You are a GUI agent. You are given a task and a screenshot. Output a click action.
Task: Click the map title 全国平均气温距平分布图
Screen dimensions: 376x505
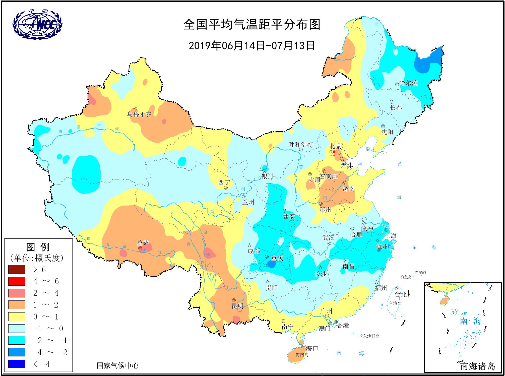point(252,25)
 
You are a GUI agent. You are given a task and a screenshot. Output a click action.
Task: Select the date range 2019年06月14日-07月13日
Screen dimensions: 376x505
point(252,46)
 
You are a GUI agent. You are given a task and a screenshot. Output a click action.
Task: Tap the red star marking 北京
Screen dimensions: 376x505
point(334,152)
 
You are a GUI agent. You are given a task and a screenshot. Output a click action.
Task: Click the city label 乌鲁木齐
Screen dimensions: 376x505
point(139,115)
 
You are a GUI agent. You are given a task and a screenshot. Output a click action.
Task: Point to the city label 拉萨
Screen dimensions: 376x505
point(143,243)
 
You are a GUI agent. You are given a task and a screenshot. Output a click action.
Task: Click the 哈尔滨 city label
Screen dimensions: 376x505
point(408,83)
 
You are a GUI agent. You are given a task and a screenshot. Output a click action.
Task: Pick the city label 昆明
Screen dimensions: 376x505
point(237,306)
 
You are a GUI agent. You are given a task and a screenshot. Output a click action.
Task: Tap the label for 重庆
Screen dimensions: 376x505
point(277,258)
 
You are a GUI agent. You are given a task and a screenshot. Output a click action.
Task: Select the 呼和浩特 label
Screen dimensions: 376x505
point(301,145)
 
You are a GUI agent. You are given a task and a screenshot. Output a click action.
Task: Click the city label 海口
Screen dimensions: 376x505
point(312,348)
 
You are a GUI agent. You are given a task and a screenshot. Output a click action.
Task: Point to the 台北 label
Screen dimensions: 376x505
point(401,294)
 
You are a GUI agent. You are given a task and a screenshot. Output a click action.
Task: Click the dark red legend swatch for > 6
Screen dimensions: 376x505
point(17,269)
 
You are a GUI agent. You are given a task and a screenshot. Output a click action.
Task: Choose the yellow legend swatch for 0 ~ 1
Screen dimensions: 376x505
point(17,317)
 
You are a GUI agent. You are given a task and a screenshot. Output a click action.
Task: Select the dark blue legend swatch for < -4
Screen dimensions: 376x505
point(17,364)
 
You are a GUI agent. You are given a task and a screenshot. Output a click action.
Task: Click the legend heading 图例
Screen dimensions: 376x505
point(38,247)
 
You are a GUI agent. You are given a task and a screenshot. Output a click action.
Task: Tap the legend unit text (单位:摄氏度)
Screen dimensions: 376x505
point(37,258)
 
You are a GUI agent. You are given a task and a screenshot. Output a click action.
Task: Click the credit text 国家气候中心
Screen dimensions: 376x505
point(117,365)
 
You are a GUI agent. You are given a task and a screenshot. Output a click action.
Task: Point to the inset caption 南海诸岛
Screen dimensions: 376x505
point(477,366)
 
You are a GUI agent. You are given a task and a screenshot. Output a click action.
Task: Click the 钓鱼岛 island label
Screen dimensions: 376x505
point(406,277)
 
